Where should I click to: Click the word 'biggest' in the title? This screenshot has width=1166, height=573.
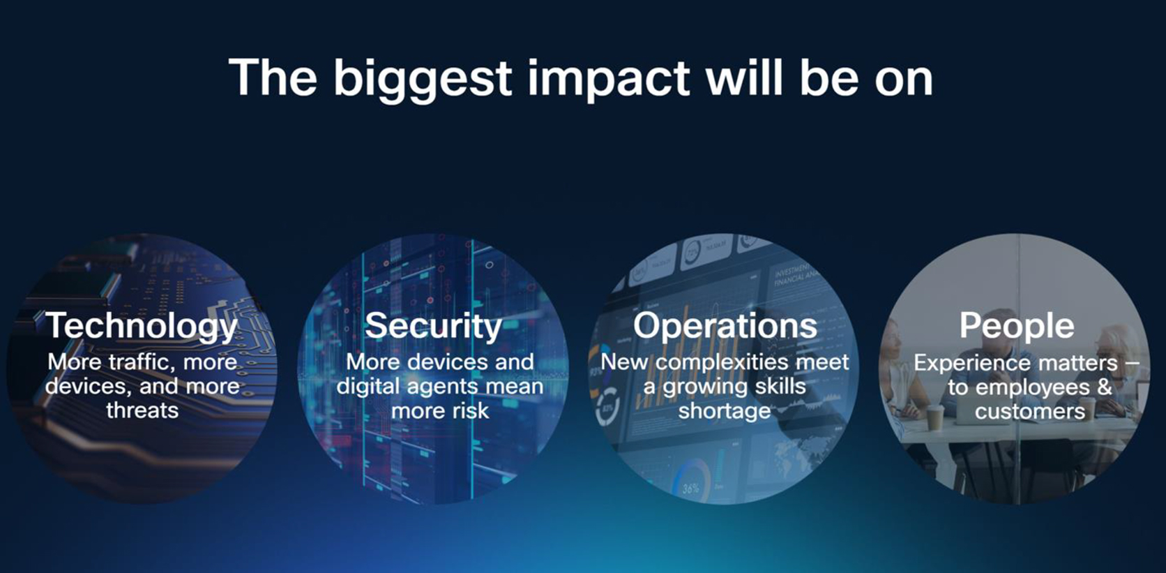[422, 80]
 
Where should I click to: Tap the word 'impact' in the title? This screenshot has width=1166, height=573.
[609, 80]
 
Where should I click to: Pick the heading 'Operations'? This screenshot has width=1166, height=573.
[725, 326]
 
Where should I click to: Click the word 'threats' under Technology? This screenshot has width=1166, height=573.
[142, 410]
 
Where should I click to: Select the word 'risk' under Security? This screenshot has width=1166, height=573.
[471, 411]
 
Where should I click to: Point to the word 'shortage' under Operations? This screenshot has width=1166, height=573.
[724, 411]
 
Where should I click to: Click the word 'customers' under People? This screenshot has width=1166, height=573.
[1030, 412]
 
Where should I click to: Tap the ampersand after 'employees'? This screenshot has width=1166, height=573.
[1103, 387]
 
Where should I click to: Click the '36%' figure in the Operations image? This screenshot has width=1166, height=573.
[691, 489]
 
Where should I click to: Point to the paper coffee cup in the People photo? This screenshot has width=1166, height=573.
[935, 417]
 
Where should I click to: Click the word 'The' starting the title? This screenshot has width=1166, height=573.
[273, 78]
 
